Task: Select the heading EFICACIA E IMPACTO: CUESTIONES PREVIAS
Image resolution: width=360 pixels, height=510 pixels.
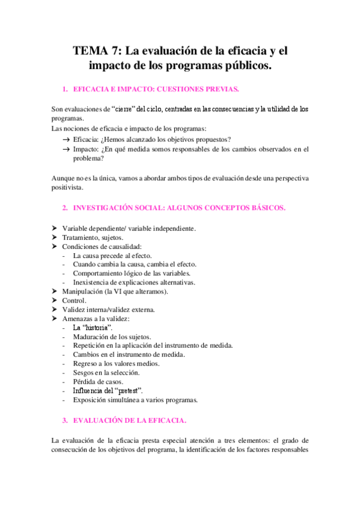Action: (x=156, y=89)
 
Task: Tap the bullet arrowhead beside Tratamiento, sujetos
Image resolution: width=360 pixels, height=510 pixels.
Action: (x=55, y=238)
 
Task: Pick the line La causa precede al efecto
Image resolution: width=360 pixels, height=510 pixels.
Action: (x=112, y=256)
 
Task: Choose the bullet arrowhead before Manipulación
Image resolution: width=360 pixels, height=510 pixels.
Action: (x=55, y=291)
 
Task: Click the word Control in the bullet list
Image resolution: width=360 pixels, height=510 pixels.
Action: (x=75, y=300)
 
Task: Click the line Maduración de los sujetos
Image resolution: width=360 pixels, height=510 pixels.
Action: (x=112, y=337)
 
